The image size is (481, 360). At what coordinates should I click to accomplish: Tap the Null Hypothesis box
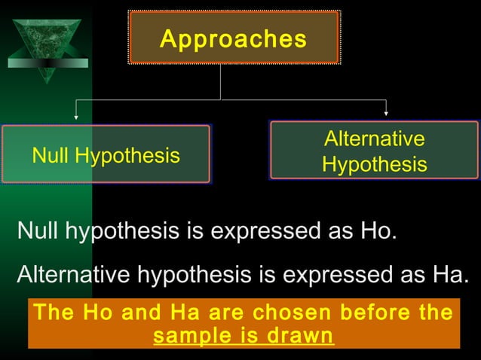[x=106, y=154]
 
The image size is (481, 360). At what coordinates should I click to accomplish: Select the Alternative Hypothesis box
[x=374, y=151]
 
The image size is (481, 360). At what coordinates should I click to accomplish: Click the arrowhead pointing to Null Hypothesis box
[x=76, y=116]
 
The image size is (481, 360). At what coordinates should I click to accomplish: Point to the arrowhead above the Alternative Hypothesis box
[x=386, y=113]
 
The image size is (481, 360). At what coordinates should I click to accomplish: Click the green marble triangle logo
[x=47, y=45]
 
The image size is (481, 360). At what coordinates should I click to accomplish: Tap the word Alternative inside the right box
[x=374, y=139]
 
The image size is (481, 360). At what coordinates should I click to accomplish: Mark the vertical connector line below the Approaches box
[x=220, y=81]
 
